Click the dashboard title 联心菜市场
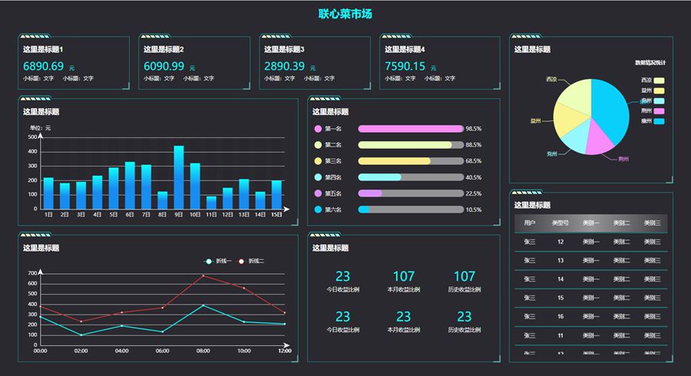click(345, 14)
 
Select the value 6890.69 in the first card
click(44, 67)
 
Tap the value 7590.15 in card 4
click(405, 67)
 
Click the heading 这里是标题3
click(284, 49)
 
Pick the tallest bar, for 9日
click(179, 176)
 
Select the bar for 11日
click(211, 202)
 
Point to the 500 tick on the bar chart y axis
click(33, 137)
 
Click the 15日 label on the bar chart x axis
click(276, 216)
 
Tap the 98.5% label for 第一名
click(473, 129)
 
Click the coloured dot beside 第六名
click(318, 209)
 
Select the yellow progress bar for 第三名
click(395, 161)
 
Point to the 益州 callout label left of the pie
click(536, 121)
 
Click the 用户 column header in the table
click(530, 223)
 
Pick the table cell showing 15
click(560, 298)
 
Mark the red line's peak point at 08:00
click(203, 275)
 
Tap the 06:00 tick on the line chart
click(163, 351)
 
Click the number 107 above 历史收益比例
click(465, 276)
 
